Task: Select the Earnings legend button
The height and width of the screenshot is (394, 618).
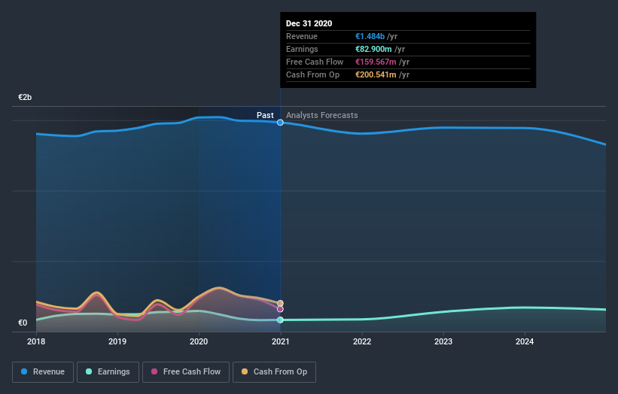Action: [x=108, y=371]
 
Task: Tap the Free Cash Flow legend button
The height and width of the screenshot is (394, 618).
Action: [x=186, y=371]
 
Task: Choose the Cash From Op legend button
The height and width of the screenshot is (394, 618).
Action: [x=275, y=371]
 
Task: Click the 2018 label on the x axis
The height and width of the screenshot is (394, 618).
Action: [x=36, y=341]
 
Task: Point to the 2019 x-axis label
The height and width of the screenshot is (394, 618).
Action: [x=117, y=341]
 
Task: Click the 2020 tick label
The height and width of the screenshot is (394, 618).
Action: [x=199, y=341]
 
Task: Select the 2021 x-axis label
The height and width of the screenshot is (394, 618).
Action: [x=281, y=341]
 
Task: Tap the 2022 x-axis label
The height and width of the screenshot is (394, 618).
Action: [x=362, y=341]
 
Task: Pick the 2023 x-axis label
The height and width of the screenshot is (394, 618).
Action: [x=443, y=341]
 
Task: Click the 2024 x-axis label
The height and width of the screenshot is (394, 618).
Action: [x=525, y=341]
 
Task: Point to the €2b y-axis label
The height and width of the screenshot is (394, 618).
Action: [x=26, y=98]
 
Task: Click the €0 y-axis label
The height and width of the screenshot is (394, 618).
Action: [x=23, y=323]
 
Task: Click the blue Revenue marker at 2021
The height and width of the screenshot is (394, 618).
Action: [x=280, y=122]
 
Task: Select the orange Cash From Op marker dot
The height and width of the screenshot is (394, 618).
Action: [x=280, y=303]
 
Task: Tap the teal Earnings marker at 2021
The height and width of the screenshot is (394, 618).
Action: [x=280, y=320]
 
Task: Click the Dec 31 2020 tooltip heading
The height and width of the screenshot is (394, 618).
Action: [x=309, y=23]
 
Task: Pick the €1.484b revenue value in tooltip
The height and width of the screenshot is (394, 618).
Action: [x=370, y=36]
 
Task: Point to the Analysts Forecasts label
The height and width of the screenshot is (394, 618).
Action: [x=321, y=115]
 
